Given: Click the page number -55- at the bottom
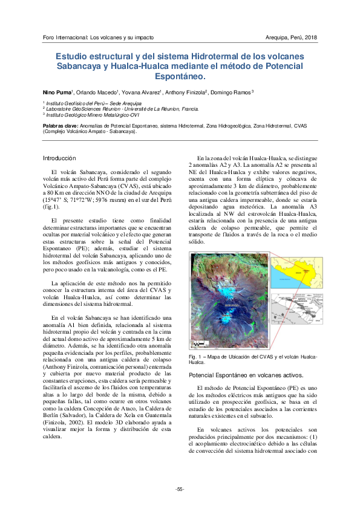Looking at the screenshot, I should (180, 488).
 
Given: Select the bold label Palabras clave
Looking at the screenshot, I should (62, 126).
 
